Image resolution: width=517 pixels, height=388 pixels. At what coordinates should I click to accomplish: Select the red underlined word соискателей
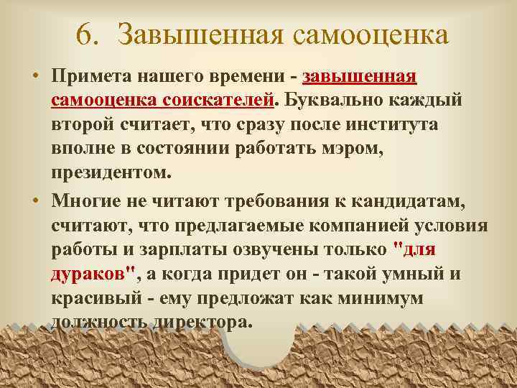[222, 98]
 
